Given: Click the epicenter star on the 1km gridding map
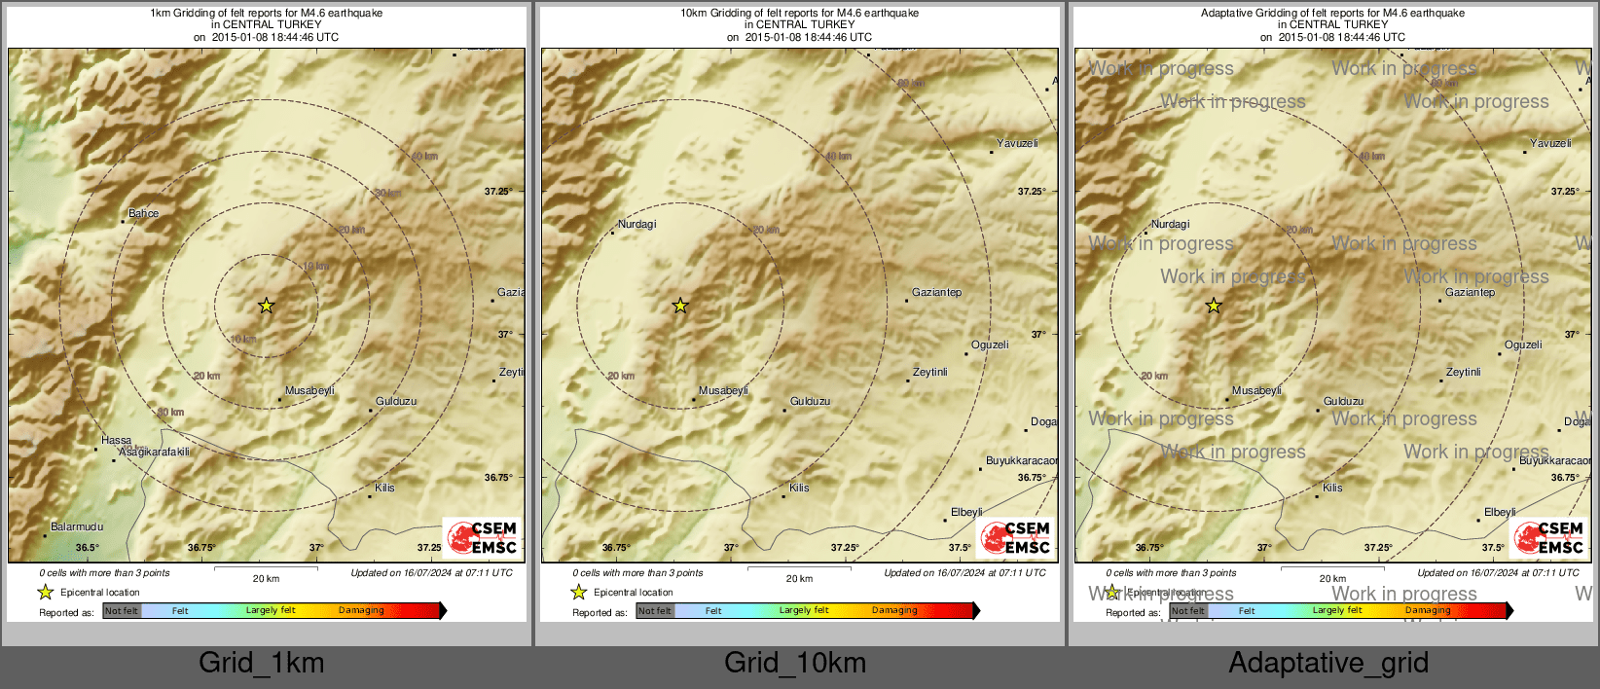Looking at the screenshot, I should coord(267,306).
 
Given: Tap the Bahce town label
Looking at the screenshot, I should coord(143,213).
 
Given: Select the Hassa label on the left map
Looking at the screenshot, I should coord(116,440).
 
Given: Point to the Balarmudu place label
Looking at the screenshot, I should coord(77,526).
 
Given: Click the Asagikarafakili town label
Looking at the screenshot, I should coord(154,452).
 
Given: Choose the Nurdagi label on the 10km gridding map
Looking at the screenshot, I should coord(637,224).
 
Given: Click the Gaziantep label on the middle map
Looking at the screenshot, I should coord(936,292).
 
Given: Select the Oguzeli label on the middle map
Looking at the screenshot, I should coord(990,344).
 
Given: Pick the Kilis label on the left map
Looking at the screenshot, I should coord(385,488).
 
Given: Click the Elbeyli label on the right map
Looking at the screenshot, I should coord(1500,512).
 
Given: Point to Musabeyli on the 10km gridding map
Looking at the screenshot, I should coord(723,390).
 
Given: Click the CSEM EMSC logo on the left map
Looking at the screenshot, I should coord(482,536).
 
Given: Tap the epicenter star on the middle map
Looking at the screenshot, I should coord(680,306).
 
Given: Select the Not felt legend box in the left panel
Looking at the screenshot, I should coord(122,611).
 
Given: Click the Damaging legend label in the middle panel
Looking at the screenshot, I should coord(894,611).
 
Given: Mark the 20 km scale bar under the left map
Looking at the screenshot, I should coord(266,567).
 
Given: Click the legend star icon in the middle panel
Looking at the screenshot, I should coord(579,592).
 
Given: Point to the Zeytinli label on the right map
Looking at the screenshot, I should coord(1463,372).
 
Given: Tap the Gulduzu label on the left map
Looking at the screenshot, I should coord(396,401).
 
